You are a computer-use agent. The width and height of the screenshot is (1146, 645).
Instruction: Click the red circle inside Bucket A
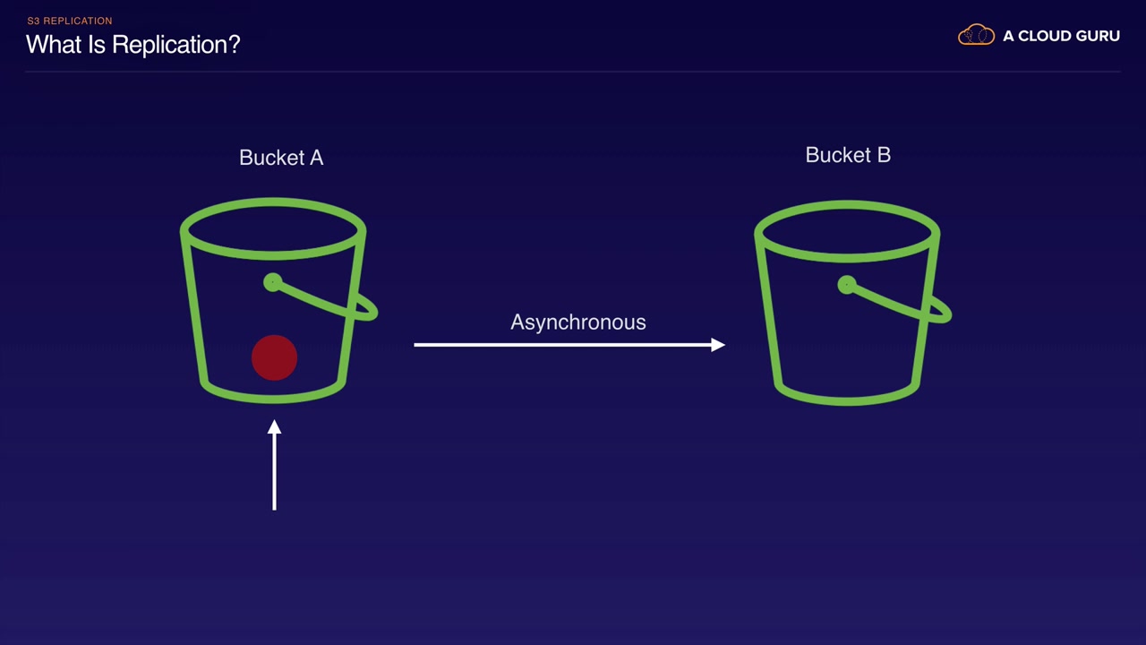click(274, 357)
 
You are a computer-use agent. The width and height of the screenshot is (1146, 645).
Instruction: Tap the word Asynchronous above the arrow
click(578, 322)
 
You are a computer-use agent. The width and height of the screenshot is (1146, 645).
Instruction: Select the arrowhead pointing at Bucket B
click(718, 345)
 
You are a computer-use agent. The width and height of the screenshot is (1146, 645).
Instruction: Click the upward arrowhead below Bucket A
click(274, 427)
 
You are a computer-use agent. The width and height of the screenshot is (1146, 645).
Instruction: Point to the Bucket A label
click(281, 158)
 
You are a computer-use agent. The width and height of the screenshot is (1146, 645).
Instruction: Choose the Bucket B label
click(848, 155)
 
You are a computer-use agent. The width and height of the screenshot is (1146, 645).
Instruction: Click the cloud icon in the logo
click(976, 35)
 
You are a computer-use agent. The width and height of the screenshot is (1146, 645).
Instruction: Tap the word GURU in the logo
click(1098, 36)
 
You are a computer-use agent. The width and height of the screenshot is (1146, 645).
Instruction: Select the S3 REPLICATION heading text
click(70, 21)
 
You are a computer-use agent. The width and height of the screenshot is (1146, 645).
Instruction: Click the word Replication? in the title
click(176, 45)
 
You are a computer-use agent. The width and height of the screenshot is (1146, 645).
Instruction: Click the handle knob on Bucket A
click(273, 282)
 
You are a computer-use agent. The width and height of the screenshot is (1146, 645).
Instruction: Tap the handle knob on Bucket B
click(847, 285)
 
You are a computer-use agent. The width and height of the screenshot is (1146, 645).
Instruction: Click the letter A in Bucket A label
click(317, 158)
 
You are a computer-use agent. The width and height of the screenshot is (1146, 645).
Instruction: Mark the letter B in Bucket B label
click(884, 155)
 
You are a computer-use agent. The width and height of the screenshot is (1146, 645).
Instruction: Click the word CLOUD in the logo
click(1044, 36)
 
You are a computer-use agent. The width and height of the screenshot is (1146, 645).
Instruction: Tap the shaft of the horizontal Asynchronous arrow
click(563, 345)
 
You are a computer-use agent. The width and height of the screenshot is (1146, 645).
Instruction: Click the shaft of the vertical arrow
click(274, 471)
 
